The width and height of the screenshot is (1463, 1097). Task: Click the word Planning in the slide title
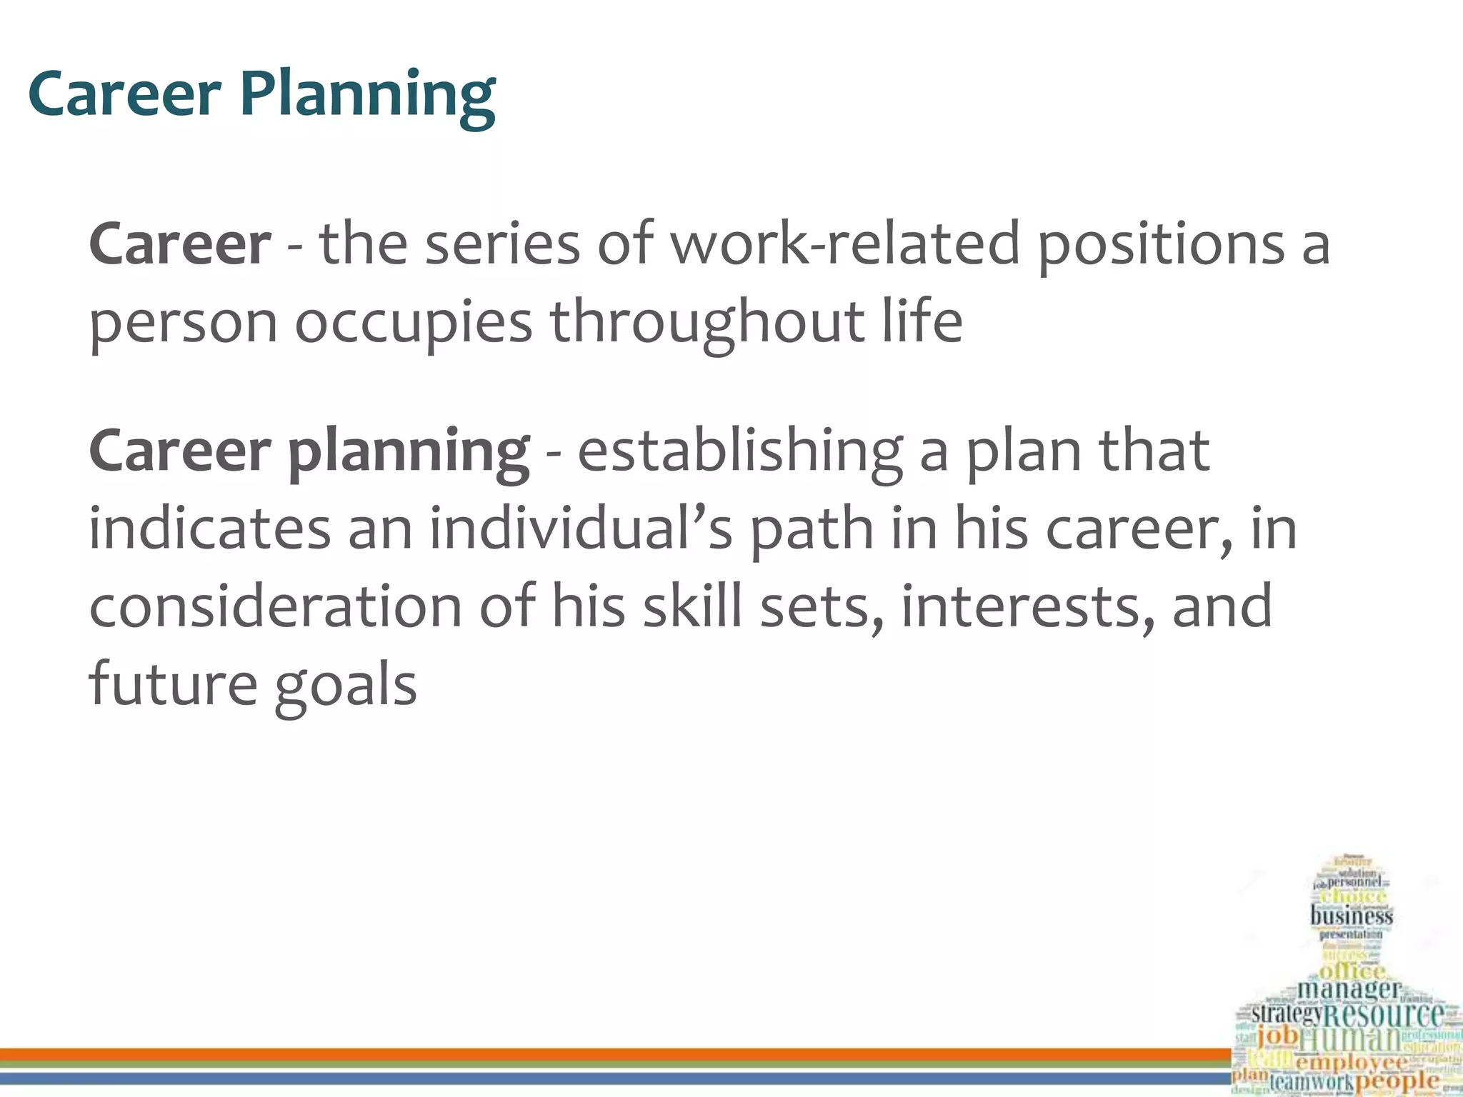click(367, 96)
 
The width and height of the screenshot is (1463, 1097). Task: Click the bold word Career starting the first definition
click(179, 245)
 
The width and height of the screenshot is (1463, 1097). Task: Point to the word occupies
click(414, 323)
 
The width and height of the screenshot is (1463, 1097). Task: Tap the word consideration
click(275, 606)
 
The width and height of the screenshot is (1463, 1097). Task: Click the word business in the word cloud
click(1351, 916)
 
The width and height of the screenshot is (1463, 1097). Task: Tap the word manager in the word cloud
click(1348, 989)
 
